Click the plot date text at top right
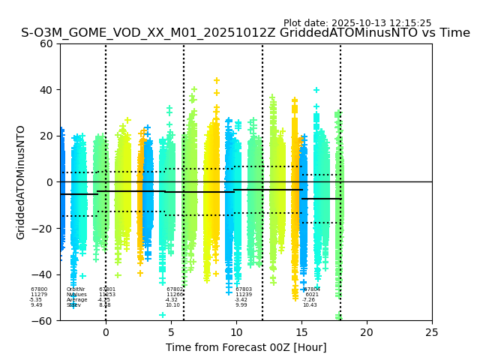(x=357, y=23)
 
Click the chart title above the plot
(x=245, y=33)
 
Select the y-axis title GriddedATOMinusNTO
(x=21, y=182)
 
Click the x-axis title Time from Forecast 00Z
(x=246, y=347)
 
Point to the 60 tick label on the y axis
(x=46, y=43)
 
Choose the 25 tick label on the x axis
(x=432, y=332)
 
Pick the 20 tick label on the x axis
(x=367, y=332)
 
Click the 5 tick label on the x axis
(x=171, y=332)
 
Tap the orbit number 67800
(x=39, y=289)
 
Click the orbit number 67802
(x=175, y=289)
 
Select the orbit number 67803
(x=244, y=289)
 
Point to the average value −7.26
(x=309, y=300)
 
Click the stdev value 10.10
(x=172, y=305)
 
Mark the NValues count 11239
(x=244, y=295)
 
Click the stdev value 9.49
(x=37, y=305)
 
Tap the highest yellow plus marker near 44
(x=217, y=80)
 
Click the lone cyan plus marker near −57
(x=162, y=315)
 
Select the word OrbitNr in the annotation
(x=76, y=289)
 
